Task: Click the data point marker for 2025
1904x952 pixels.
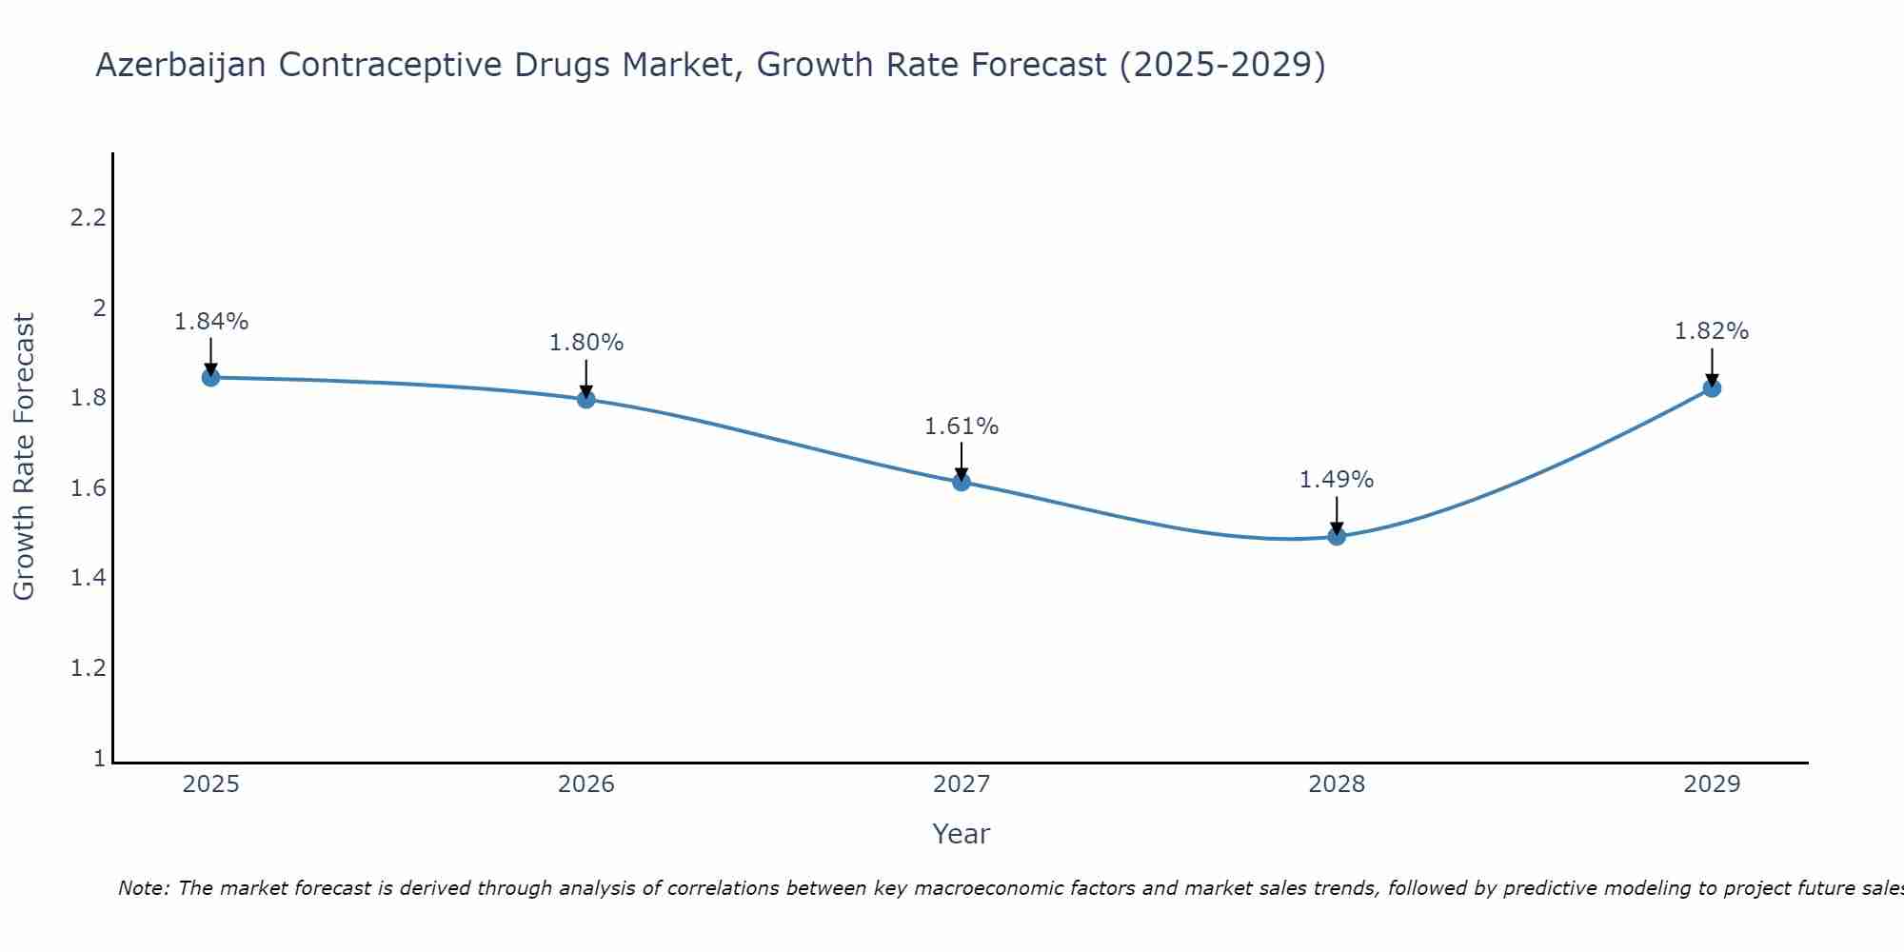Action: click(x=211, y=377)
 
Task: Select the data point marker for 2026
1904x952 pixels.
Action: click(x=586, y=399)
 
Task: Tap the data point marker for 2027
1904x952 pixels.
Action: click(x=962, y=482)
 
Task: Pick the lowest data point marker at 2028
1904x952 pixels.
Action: click(x=1337, y=536)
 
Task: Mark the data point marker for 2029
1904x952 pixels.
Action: click(x=1712, y=387)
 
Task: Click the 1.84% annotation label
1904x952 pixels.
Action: click(x=211, y=322)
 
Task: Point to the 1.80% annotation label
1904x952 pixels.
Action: click(x=586, y=343)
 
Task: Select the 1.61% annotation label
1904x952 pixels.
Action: click(x=962, y=426)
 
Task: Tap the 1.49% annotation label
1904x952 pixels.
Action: click(x=1337, y=480)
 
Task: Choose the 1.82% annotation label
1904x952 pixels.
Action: click(x=1712, y=331)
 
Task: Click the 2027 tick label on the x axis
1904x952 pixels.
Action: click(x=962, y=784)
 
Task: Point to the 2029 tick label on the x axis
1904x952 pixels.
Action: click(x=1712, y=784)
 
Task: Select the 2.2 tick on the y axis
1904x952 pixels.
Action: click(x=88, y=218)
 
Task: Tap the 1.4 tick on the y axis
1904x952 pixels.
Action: click(x=88, y=578)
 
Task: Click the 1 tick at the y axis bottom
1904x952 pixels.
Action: click(x=99, y=759)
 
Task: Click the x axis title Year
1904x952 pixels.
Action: click(x=962, y=834)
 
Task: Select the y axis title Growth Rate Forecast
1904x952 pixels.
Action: click(x=24, y=457)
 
